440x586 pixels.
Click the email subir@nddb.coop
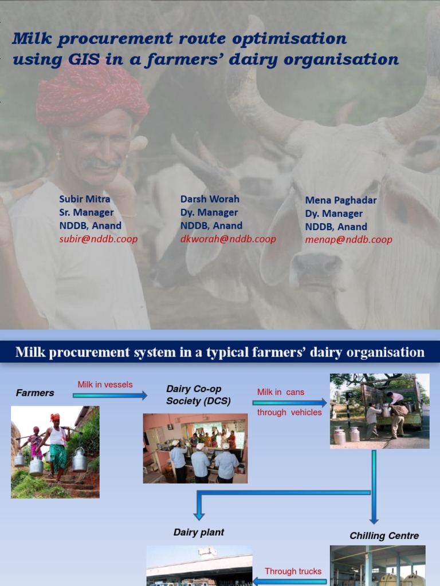point(99,239)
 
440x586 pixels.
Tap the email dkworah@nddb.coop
point(228,239)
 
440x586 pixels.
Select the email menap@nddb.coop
point(348,240)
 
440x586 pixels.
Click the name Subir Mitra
point(85,199)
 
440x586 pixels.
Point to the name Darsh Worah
point(210,199)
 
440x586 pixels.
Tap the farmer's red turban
point(92,94)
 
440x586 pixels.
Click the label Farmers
point(35,393)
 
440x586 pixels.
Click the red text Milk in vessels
point(105,385)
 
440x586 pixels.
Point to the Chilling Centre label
point(384,536)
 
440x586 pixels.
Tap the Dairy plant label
point(199,532)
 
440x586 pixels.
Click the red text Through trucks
point(293,571)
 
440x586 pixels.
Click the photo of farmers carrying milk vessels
point(55,452)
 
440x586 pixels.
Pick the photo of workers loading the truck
point(379,410)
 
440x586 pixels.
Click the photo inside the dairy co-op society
point(195,449)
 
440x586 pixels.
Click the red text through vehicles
point(289,413)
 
